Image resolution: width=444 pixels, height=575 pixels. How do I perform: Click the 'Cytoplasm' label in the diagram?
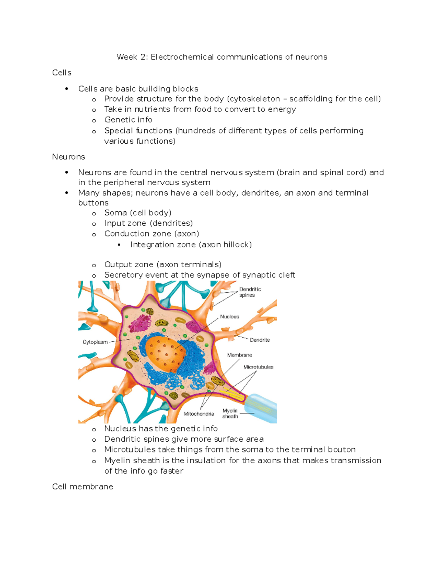pos(95,342)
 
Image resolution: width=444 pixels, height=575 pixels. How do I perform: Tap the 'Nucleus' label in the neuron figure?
pos(229,317)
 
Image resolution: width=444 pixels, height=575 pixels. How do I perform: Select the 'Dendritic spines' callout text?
pos(250,292)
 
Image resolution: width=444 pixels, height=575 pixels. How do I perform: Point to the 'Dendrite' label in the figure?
pos(260,340)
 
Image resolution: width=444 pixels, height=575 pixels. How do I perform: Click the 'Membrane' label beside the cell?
pos(239,355)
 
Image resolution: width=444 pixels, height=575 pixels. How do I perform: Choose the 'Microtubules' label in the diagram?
pos(258,367)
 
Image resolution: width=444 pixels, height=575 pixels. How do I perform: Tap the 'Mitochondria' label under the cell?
pos(199,414)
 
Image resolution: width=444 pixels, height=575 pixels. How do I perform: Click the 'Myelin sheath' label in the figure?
pos(230,414)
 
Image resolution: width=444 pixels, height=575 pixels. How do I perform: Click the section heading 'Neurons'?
pos(68,157)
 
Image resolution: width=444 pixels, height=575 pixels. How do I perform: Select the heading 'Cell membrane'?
pos(83,487)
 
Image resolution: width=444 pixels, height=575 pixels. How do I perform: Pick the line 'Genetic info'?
pos(128,120)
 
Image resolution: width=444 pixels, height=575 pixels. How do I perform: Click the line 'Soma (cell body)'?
pos(138,213)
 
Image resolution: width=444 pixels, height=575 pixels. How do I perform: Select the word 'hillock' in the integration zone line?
pos(238,245)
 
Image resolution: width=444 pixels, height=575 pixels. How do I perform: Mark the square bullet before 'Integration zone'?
pos(119,245)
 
